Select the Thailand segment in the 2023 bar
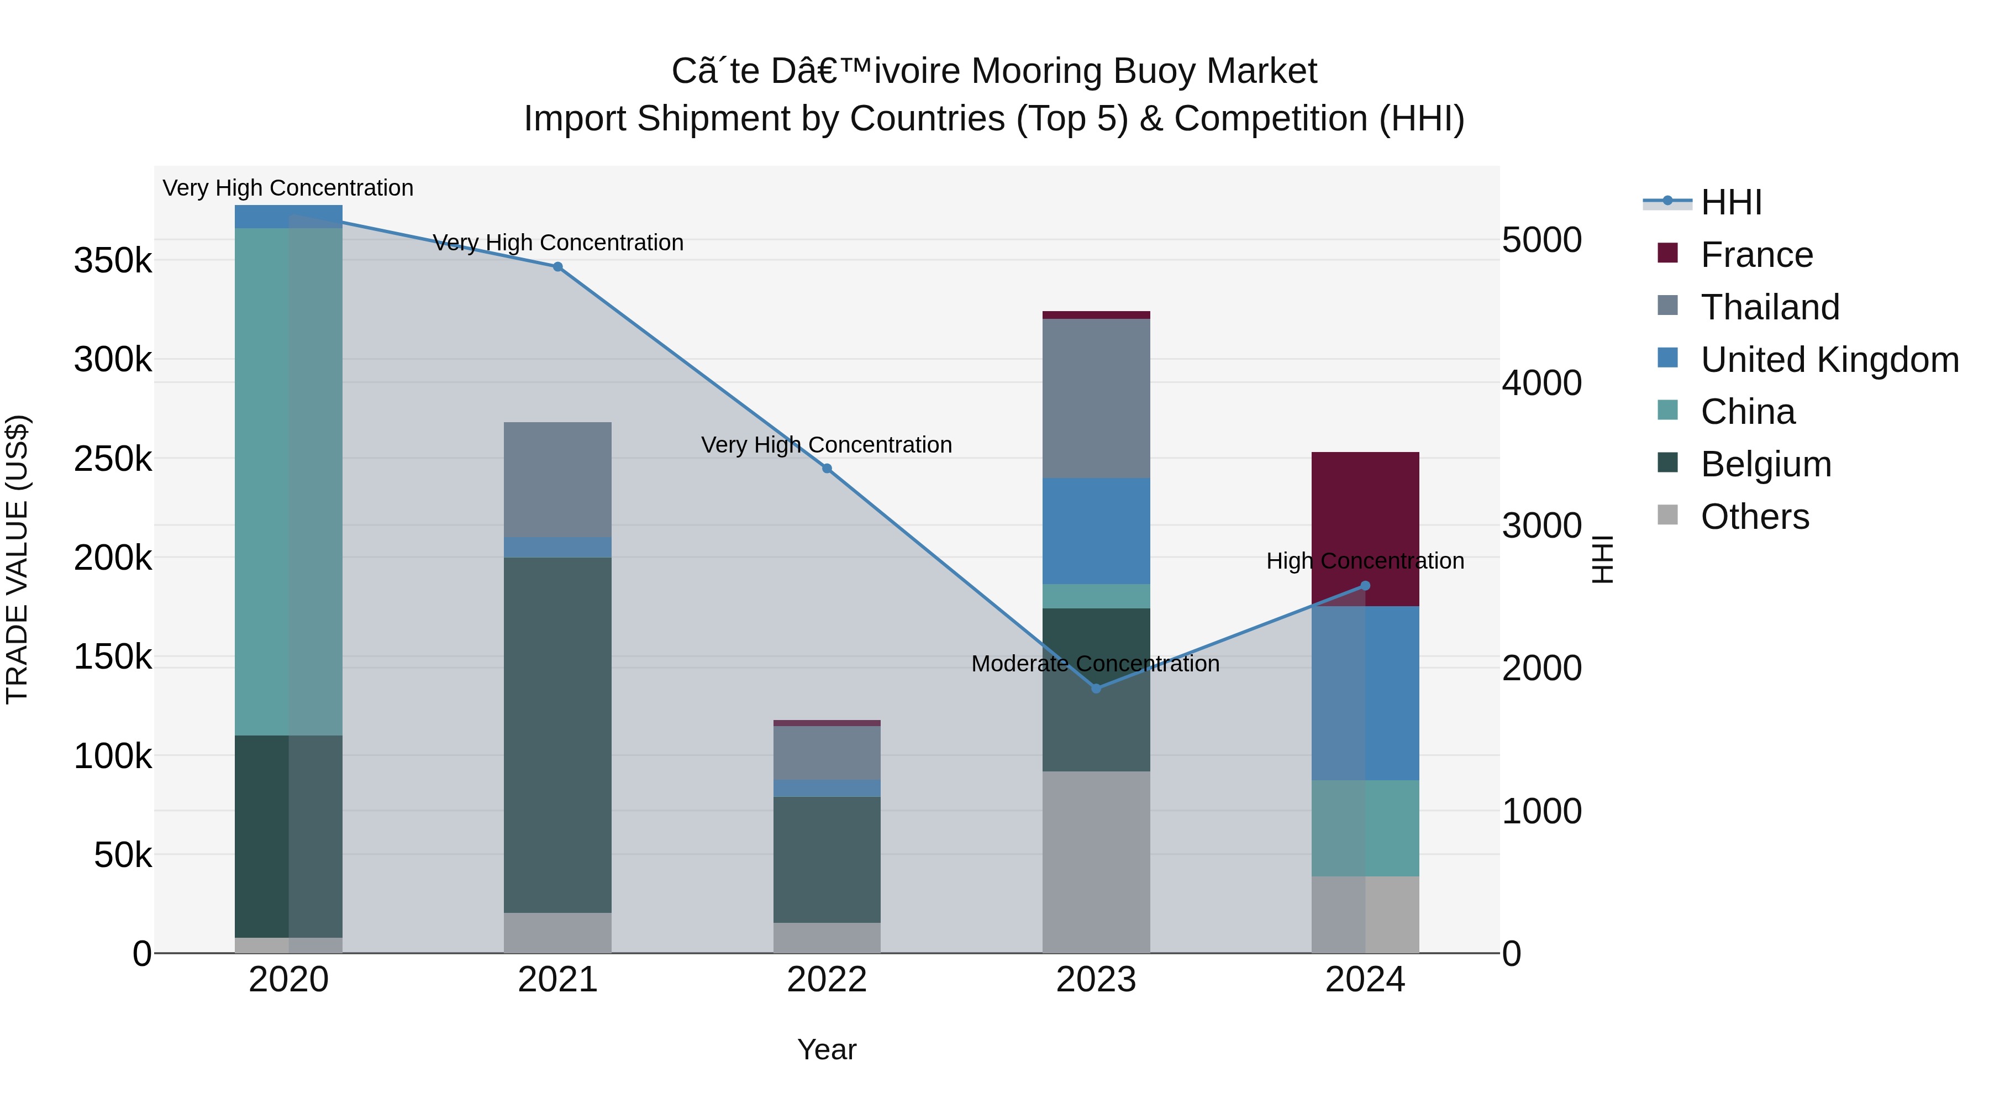[x=1096, y=398]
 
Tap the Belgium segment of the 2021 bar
[x=557, y=734]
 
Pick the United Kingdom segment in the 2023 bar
[x=1096, y=530]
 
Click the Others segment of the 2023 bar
[x=1096, y=862]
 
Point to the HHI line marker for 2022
[x=827, y=469]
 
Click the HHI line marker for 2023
[x=1096, y=688]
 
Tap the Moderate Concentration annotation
[x=1095, y=663]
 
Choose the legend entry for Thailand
[x=1770, y=307]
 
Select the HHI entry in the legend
[x=1731, y=202]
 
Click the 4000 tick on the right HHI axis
[x=1541, y=383]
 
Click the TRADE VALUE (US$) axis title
[x=17, y=559]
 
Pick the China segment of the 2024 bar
[x=1365, y=828]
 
